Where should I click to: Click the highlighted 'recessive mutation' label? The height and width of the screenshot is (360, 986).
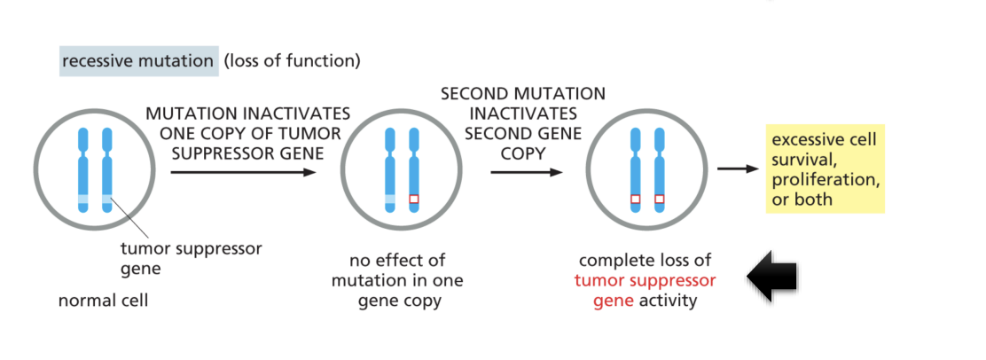[x=137, y=62]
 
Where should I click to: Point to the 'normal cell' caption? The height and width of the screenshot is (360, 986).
[x=102, y=300]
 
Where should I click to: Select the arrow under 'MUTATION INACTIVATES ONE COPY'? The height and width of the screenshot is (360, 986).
[x=243, y=171]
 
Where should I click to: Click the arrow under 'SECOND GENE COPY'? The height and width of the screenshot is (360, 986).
[x=527, y=171]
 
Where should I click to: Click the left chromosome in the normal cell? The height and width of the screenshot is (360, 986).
[x=83, y=168]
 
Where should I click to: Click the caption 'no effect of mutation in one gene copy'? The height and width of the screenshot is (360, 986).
[x=397, y=280]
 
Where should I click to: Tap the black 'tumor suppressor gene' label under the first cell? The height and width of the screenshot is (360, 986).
[x=191, y=257]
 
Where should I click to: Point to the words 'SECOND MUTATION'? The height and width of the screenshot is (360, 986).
[x=523, y=94]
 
